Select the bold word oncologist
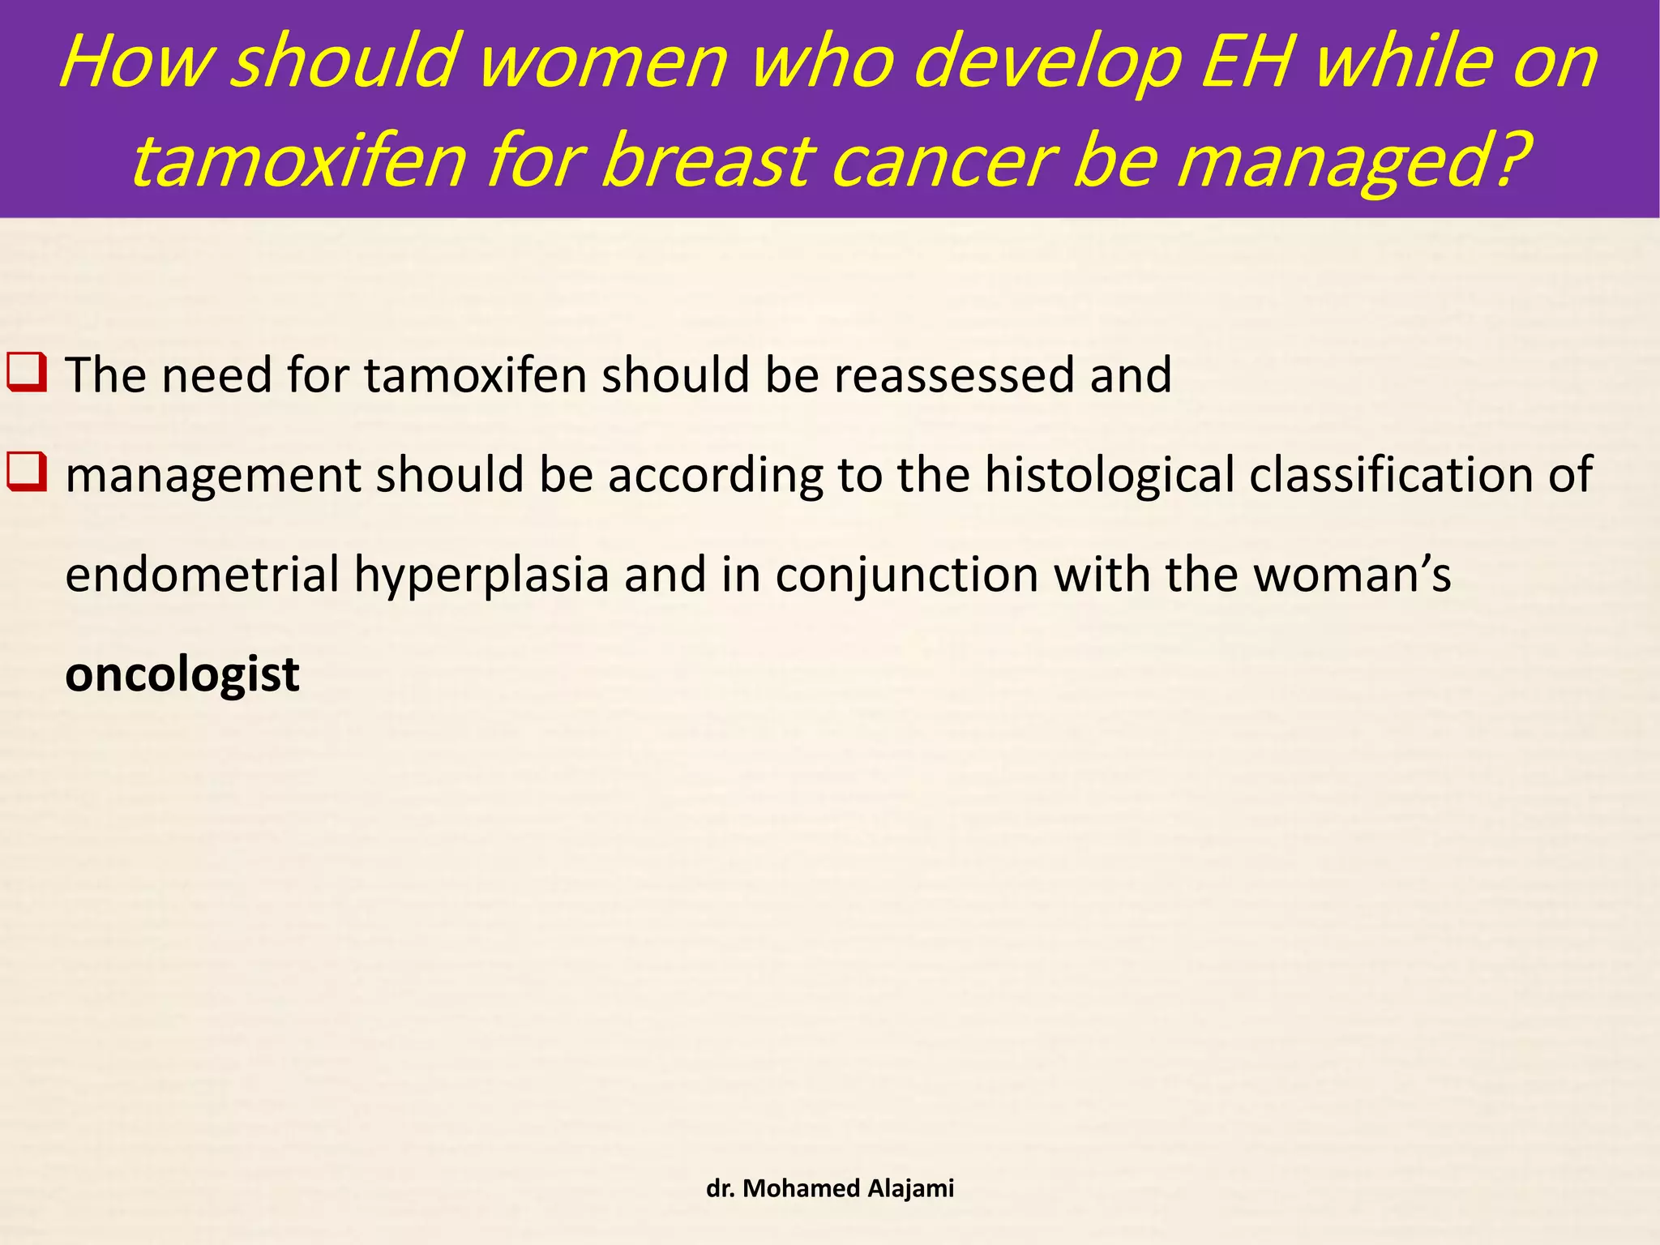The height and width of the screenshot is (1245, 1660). tap(182, 674)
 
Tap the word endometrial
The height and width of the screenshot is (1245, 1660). tap(202, 575)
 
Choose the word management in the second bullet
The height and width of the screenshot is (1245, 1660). tap(213, 477)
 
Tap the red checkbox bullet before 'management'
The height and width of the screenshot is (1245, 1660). tap(27, 473)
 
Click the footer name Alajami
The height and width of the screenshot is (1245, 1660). tap(910, 1188)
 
